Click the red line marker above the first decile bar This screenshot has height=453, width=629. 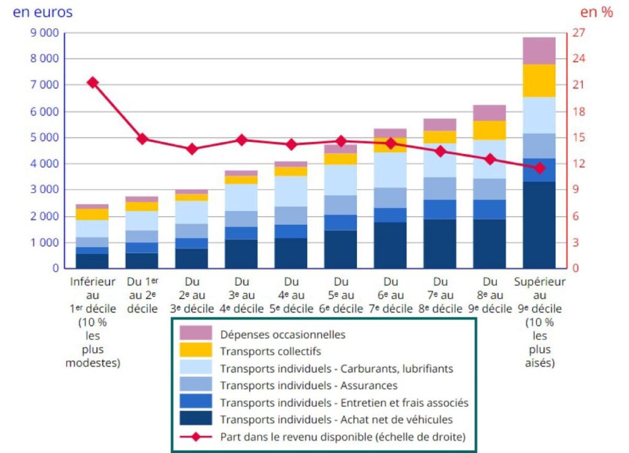tap(93, 82)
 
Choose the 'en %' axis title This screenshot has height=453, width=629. tap(596, 12)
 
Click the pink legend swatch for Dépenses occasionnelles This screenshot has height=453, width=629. tap(196, 333)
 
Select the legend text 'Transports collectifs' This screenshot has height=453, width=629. tap(270, 352)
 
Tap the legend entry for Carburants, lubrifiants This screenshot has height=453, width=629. tap(336, 368)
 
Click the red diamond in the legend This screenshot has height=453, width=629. tap(196, 437)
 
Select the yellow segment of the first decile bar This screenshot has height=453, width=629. tap(93, 214)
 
